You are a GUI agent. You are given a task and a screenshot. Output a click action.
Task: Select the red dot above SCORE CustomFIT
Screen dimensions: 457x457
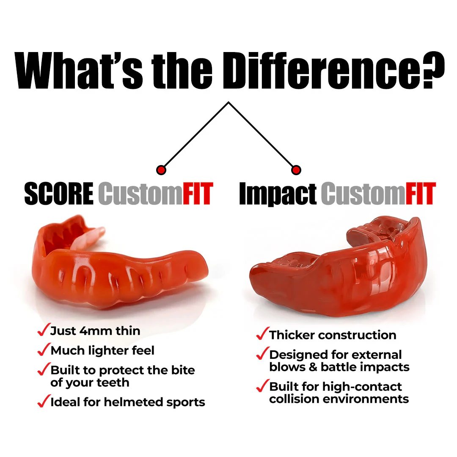click(161, 170)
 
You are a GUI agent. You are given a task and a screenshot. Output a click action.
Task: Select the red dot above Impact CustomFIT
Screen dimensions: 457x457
click(296, 170)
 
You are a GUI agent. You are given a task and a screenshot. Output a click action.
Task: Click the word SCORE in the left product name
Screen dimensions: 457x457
click(59, 194)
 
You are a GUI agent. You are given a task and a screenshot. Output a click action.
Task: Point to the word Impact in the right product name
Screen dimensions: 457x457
click(278, 194)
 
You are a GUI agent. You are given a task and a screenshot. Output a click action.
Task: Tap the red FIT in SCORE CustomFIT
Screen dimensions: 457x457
click(197, 194)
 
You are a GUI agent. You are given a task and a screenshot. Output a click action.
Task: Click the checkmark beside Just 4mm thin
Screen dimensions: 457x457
click(43, 330)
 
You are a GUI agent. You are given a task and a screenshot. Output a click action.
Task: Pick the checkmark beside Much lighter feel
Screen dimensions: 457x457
click(43, 350)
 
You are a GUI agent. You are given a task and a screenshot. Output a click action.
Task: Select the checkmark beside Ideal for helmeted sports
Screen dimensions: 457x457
click(43, 402)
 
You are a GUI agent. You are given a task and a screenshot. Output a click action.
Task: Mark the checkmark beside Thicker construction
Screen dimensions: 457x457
click(262, 334)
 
